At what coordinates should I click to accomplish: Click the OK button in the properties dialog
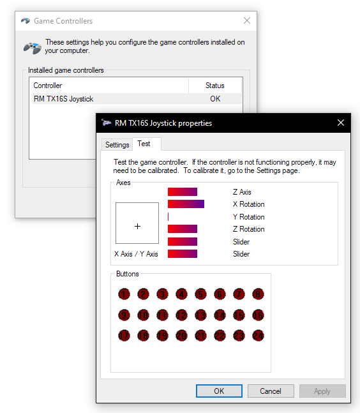click(219, 391)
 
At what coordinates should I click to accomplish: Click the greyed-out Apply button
click(322, 391)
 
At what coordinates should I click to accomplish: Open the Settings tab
click(117, 145)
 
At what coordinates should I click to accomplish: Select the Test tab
click(144, 144)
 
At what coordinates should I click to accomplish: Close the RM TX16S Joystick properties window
click(341, 123)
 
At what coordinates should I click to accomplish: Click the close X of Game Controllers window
click(247, 20)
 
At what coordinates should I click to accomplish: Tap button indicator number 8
click(258, 294)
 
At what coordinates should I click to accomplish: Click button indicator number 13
click(200, 315)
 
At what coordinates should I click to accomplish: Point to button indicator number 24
click(258, 336)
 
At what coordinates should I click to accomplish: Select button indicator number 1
click(124, 294)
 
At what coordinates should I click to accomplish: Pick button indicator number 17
click(124, 336)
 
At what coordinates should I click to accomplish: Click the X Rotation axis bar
click(186, 204)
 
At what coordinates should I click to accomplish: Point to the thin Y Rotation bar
click(169, 217)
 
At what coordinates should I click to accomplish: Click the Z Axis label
click(242, 192)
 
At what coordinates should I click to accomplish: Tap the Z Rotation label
click(248, 229)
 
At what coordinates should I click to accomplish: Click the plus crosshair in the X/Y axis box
click(137, 226)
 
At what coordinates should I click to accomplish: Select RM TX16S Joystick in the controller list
click(63, 99)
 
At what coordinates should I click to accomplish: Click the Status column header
click(215, 86)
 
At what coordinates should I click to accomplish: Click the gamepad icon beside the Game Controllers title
click(26, 20)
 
